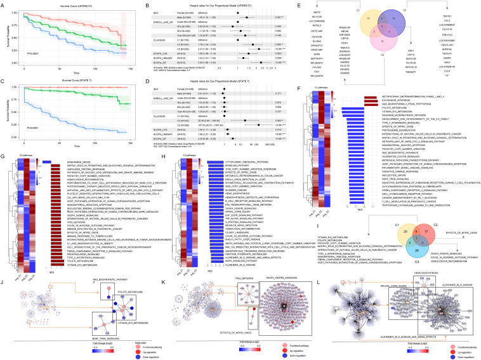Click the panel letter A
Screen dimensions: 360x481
[4, 4]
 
